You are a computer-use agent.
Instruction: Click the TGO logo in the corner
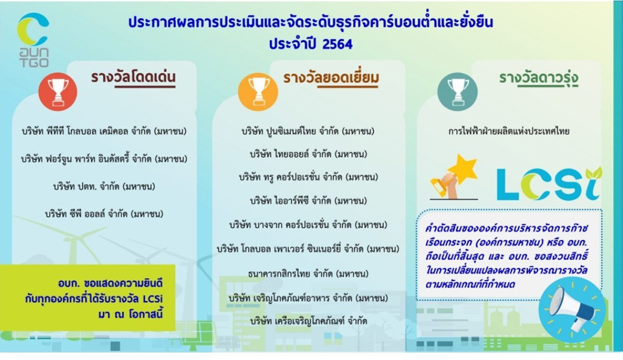[33, 40]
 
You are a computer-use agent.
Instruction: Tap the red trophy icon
[58, 92]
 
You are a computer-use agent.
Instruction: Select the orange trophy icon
[258, 92]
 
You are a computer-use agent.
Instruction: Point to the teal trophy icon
[458, 92]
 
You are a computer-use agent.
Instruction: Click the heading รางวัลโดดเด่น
[133, 77]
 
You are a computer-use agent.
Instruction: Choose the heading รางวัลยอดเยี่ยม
[330, 78]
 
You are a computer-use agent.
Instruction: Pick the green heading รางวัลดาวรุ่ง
[539, 78]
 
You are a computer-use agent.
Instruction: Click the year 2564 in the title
[337, 43]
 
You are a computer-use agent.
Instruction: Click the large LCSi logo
[549, 184]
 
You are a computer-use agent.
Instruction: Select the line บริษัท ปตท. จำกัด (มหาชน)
[104, 186]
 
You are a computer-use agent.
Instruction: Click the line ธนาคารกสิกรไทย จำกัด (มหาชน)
[308, 274]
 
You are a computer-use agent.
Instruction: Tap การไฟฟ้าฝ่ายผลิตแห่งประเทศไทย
[509, 131]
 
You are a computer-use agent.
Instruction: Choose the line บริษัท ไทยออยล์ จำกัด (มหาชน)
[308, 154]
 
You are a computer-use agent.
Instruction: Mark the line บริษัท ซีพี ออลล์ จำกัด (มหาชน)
[104, 214]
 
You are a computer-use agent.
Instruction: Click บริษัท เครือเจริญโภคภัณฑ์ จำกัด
[309, 321]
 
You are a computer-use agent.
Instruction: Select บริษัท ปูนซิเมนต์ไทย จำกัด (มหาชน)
[308, 131]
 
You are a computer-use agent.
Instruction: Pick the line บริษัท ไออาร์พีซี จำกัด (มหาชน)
[308, 201]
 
